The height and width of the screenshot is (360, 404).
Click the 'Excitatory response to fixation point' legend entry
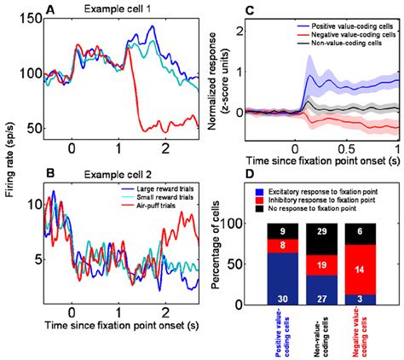pyautogui.click(x=322, y=185)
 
